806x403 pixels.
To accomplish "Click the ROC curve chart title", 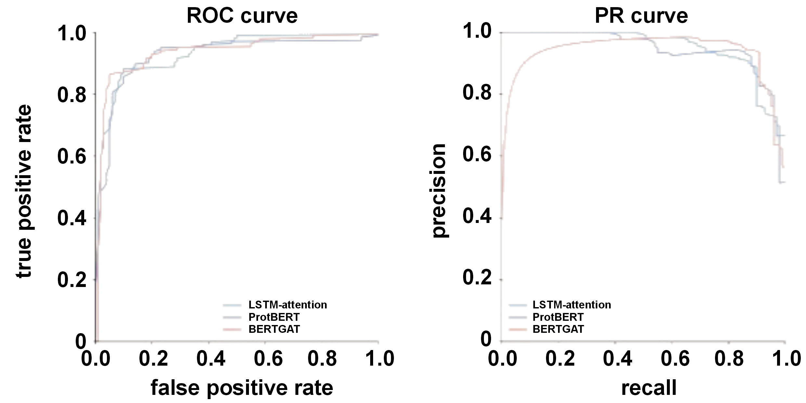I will coord(242,16).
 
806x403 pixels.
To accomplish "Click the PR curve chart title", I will coord(641,16).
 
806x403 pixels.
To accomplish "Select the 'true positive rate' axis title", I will coord(24,191).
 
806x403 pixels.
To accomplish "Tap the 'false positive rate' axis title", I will coord(242,388).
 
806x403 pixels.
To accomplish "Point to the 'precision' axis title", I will coord(439,191).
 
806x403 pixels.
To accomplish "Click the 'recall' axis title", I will coord(649,388).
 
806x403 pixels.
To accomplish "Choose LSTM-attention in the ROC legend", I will coord(288,305).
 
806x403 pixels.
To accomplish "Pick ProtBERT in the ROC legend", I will coord(274,317).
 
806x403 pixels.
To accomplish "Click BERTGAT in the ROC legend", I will coord(274,329).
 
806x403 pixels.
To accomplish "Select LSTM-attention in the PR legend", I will coord(572,305).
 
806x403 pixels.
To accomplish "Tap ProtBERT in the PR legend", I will coord(558,317).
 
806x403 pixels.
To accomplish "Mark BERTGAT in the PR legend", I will coord(558,329).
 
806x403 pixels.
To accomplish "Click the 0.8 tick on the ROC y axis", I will coord(72,95).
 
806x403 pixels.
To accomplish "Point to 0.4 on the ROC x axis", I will coord(211,358).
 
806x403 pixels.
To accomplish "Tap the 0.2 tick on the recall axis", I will coord(560,358).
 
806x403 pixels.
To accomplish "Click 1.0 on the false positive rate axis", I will coord(380,358).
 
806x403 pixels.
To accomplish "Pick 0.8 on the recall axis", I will coord(729,358).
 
